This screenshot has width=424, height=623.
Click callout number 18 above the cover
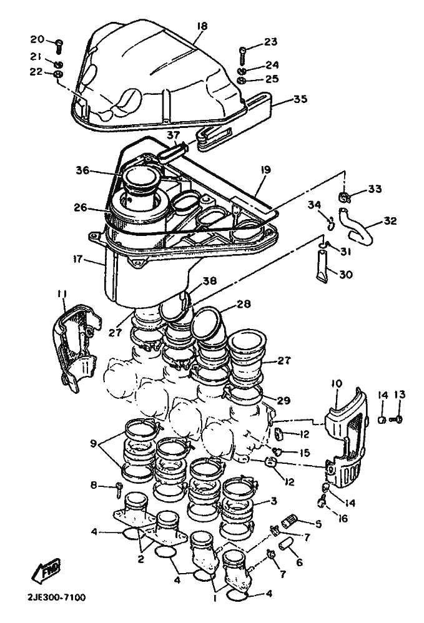(202, 26)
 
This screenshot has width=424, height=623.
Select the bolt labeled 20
(59, 47)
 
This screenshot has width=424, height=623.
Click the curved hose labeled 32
(356, 224)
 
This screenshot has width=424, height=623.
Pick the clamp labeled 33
(344, 196)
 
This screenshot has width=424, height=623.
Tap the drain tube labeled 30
(323, 266)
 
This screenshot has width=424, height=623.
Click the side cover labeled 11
(76, 348)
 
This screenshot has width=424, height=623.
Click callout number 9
(94, 443)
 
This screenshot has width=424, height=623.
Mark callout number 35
(301, 99)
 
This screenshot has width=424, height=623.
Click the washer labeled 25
(242, 81)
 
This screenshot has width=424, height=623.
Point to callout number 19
(266, 170)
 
